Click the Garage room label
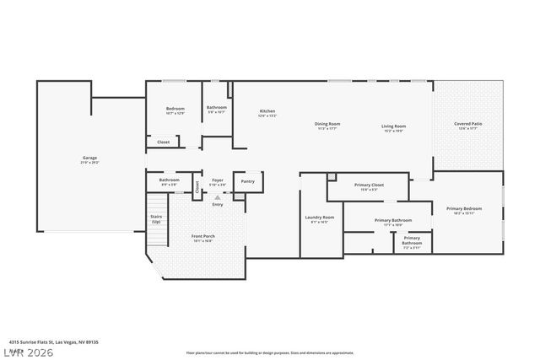tap(89, 159)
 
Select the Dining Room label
tap(327, 126)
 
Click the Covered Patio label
tap(467, 126)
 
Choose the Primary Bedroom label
tap(464, 210)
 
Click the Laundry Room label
tap(319, 219)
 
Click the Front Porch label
tap(202, 237)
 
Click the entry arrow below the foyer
tap(218, 196)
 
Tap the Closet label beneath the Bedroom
tap(164, 142)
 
